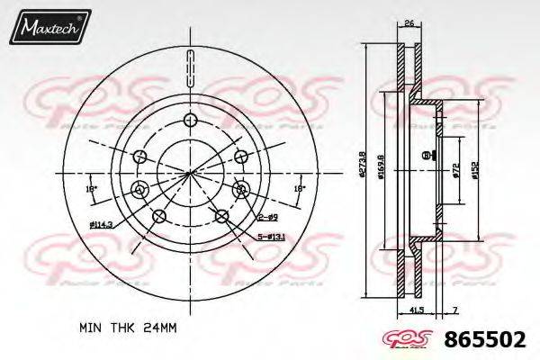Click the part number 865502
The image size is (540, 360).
point(486,341)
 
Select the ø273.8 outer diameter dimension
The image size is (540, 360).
point(358,167)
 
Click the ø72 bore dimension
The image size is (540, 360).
point(455,169)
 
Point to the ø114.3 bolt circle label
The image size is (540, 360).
point(102,224)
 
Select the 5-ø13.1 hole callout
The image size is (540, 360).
point(271,237)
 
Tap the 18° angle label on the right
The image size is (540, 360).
point(299,189)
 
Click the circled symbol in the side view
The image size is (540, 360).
point(424,157)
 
